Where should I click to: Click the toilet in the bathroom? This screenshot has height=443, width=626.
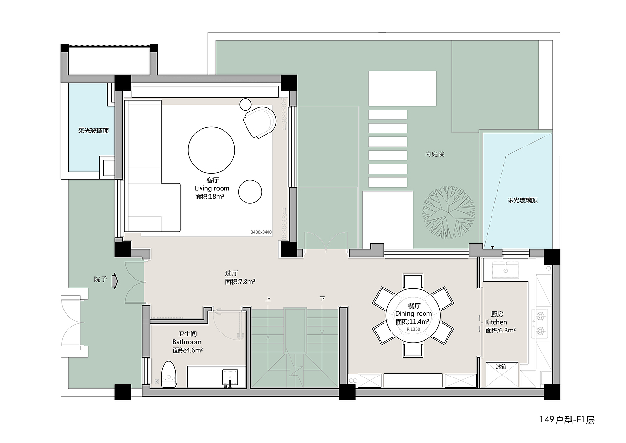pos(169,375)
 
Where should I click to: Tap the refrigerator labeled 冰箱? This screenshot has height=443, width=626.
pos(502,375)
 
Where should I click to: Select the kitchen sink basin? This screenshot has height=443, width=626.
pos(506,270)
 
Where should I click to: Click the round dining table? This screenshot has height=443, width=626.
pos(413,315)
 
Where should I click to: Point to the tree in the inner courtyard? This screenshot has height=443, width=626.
pos(448,213)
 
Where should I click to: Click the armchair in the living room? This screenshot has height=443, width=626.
pos(260,122)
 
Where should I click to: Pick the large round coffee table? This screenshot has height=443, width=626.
pos(211,150)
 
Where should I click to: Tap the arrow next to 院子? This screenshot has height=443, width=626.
pos(115,281)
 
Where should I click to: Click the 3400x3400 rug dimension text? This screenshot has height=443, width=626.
pos(261,232)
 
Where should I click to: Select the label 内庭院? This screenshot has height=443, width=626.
pos(435,154)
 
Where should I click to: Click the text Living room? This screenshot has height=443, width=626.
pos(212,188)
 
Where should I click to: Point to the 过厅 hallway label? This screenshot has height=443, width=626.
pos(231,273)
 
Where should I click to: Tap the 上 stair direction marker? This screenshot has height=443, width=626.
pos(268,299)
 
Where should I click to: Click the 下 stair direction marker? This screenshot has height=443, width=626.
pos(322,299)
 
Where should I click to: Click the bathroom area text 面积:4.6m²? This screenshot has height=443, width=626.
pos(187,350)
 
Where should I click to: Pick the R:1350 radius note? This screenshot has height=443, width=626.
pos(413,329)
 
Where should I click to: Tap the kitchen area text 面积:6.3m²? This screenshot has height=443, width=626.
pos(500,331)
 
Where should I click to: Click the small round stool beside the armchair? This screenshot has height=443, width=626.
pos(246,105)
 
